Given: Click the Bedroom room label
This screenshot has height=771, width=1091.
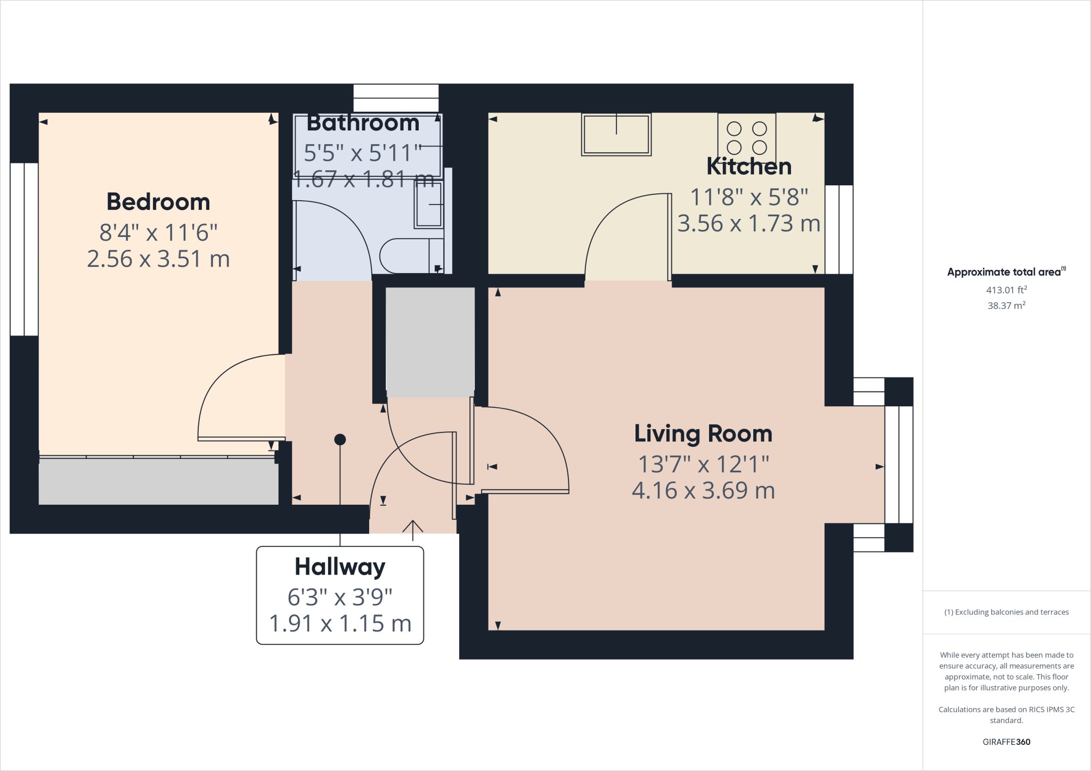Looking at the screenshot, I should coord(158,202).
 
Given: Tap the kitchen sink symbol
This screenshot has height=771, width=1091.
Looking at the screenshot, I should coord(616,135).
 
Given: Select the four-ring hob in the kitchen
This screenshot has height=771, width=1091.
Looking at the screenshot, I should coord(746,137).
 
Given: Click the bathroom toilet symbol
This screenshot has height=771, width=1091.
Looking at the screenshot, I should coord(410,256).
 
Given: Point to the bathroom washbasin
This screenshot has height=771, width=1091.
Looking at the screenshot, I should coord(429,205).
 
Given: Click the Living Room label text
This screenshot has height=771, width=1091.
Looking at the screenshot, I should coord(703,433).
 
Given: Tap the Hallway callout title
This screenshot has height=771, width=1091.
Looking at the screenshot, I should coord(340,567).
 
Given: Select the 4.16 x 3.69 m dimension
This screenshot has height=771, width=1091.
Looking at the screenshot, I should coord(703,490).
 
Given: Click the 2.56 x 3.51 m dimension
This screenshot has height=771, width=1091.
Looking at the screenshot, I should coord(158,259).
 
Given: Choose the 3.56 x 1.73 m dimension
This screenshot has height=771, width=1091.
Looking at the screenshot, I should coord(748,224).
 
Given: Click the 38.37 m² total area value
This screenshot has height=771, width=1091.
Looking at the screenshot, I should coord(1006,306).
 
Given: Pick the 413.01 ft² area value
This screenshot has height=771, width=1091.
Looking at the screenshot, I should coord(1006,290).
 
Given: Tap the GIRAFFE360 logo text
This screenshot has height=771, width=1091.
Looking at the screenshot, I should coord(1006,742).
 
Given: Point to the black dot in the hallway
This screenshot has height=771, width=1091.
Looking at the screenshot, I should coord(340,439).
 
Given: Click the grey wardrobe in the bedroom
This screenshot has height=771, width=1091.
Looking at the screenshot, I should coord(158,481).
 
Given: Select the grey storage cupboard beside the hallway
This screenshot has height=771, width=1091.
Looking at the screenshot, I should coord(430,342).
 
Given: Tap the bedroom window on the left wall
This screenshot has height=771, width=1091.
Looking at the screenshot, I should coord(24,249).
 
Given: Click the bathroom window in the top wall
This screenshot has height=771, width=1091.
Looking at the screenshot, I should coord(396,98).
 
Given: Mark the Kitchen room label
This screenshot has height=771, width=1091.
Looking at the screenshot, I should coord(748,167).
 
